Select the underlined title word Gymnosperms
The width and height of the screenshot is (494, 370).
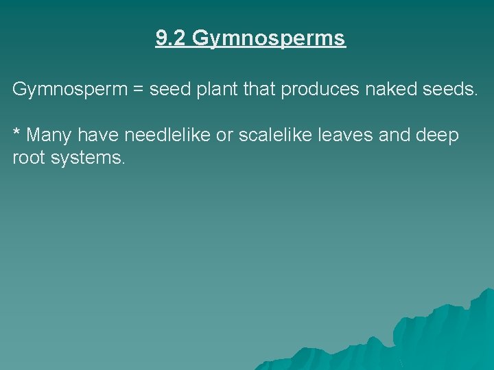click(x=269, y=39)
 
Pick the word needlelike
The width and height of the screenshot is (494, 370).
click(x=167, y=135)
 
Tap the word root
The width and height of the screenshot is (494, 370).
click(x=30, y=158)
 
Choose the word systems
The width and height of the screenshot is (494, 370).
click(x=91, y=159)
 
